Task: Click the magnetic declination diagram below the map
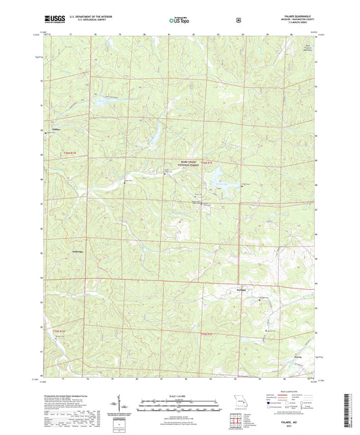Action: point(122,407)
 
